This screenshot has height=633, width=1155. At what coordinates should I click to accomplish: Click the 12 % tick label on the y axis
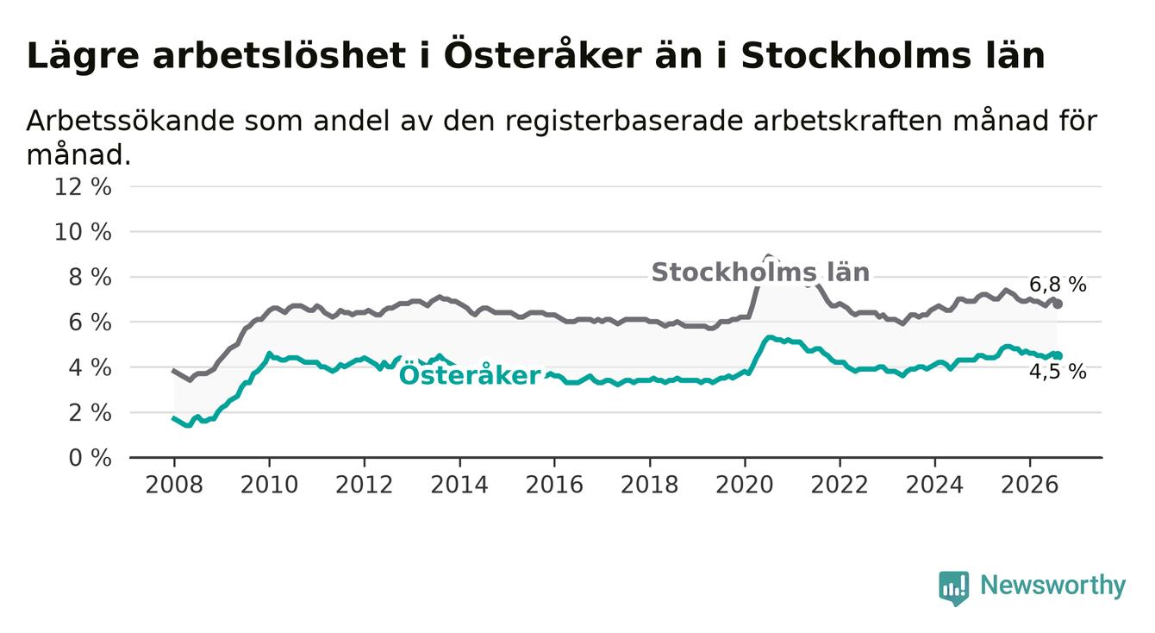(83, 187)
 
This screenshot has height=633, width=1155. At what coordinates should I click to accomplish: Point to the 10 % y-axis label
(83, 232)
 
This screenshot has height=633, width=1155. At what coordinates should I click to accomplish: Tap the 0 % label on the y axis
(90, 458)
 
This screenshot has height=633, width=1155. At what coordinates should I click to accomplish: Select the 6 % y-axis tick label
(90, 323)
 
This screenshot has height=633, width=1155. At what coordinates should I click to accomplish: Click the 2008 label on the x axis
(174, 485)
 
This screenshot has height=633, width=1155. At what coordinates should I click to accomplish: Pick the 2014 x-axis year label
(459, 485)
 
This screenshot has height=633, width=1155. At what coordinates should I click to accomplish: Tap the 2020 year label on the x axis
(745, 485)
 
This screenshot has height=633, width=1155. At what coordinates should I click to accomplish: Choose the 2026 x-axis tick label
(1030, 485)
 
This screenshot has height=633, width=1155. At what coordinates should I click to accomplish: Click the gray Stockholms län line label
(760, 272)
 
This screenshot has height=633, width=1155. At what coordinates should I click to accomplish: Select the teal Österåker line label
(470, 374)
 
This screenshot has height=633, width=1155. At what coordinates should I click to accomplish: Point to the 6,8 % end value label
(1058, 285)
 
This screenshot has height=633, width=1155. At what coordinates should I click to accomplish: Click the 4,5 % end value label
(1058, 372)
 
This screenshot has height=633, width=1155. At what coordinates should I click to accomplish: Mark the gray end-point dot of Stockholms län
(1058, 304)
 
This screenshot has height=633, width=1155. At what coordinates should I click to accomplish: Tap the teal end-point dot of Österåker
(1058, 355)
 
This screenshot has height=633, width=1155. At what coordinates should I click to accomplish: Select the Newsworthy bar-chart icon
(954, 588)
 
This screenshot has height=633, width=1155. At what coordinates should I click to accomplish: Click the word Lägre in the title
(83, 56)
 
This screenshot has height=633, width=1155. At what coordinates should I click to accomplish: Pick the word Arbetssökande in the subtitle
(130, 121)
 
